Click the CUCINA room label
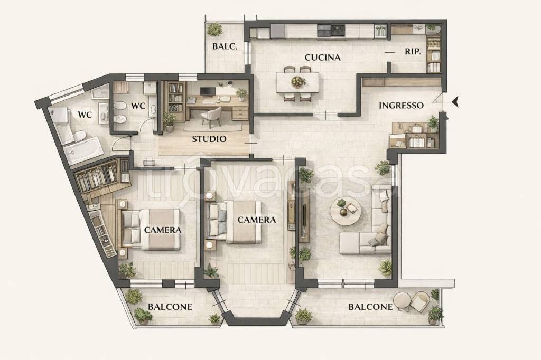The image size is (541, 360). [x=323, y=57]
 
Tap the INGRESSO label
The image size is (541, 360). [x=402, y=105]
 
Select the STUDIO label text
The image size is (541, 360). [x=209, y=139]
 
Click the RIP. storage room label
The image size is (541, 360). [x=413, y=52]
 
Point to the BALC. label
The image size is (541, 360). [x=225, y=46]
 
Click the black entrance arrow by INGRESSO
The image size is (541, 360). [x=455, y=101]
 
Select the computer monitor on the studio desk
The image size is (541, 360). [x=208, y=91]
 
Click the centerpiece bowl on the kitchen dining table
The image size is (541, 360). [x=298, y=82]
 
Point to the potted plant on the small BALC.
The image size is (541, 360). [x=214, y=30]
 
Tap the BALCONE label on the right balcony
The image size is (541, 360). [x=370, y=307]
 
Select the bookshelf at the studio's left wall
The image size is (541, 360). [x=176, y=97]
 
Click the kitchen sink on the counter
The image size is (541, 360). [x=380, y=31]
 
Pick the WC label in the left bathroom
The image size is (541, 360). [x=85, y=115]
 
